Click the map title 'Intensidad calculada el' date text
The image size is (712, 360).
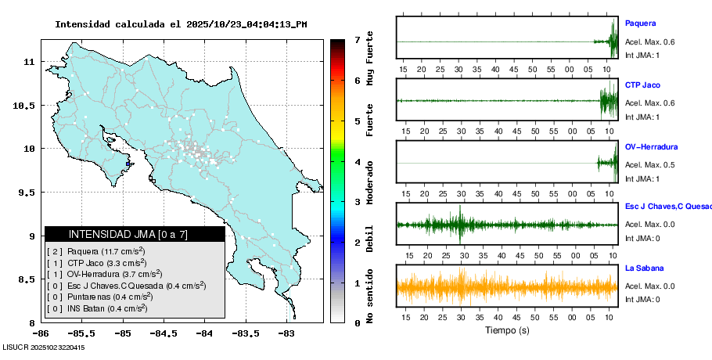[x=180, y=24]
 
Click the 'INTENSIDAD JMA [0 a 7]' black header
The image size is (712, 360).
[x=135, y=234]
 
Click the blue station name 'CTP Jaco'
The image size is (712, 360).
[x=642, y=85]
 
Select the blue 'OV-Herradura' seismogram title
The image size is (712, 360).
[x=651, y=147]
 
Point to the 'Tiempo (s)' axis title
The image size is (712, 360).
[x=507, y=330]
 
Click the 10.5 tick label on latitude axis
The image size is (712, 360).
[x=25, y=105]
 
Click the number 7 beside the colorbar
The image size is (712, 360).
[x=357, y=39]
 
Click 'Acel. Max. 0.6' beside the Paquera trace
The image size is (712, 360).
[x=649, y=42]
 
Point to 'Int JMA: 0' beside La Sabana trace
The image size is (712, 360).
[x=642, y=299]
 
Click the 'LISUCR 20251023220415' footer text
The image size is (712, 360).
[x=43, y=347]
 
